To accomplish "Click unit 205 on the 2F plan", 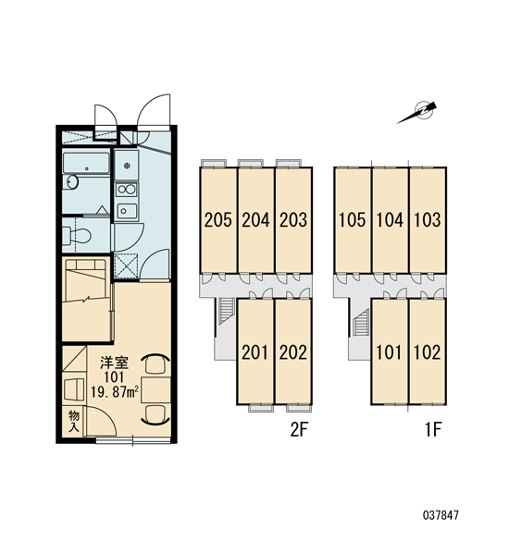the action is click(x=218, y=220).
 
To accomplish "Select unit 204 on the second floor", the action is click(x=255, y=220).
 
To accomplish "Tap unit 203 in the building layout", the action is click(x=293, y=220).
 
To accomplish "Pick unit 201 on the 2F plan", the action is click(x=255, y=351).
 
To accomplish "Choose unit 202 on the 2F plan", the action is click(x=293, y=351).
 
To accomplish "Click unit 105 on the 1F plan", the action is click(x=353, y=220).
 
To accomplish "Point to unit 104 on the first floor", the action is click(x=390, y=220).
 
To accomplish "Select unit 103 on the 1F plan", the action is click(x=428, y=220).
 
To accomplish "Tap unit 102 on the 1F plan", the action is click(x=428, y=351).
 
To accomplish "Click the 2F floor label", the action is click(x=300, y=430).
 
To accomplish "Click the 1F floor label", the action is click(x=433, y=430).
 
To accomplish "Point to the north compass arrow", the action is click(x=416, y=112).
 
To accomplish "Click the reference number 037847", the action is click(x=441, y=514).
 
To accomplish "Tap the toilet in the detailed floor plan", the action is click(x=77, y=235).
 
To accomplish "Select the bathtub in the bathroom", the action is click(x=86, y=163).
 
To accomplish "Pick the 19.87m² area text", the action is click(x=114, y=392).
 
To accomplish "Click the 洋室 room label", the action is click(x=114, y=363).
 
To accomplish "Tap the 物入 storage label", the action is click(x=74, y=421).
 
